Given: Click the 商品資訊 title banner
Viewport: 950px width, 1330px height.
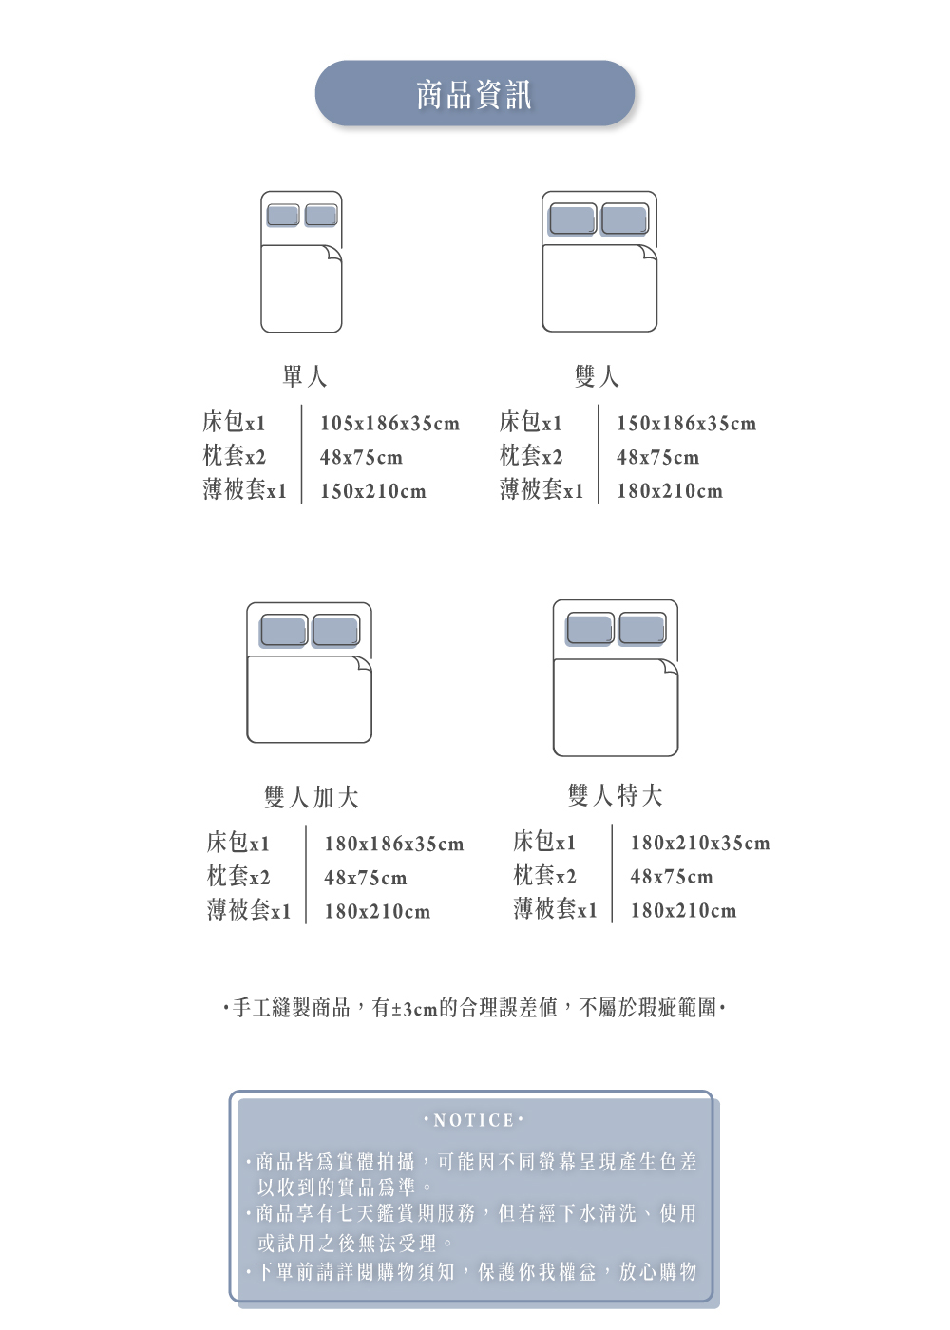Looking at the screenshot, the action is (x=474, y=94).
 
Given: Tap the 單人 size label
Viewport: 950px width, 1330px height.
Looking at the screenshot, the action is (x=304, y=377).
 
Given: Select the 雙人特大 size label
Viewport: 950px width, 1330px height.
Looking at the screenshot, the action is (x=615, y=796).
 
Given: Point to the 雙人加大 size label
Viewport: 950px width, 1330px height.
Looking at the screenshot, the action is (x=312, y=798).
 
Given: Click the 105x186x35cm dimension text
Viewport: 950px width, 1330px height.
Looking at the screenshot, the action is (x=389, y=424).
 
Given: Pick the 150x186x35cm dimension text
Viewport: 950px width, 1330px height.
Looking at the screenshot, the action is (x=686, y=424).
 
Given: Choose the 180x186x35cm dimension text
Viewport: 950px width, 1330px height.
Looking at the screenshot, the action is (x=393, y=845).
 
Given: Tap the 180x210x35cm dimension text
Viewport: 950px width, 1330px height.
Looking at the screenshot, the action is (x=699, y=844).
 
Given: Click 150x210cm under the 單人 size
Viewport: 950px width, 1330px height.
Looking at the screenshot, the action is (x=372, y=492).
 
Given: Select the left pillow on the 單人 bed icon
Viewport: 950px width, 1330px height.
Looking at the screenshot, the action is (x=283, y=215).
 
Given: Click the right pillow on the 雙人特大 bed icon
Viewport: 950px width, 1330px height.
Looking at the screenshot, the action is (x=642, y=629).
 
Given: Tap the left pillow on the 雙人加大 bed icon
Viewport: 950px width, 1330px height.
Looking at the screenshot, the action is (x=283, y=631).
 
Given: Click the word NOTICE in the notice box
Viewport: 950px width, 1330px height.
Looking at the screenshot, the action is (x=473, y=1121).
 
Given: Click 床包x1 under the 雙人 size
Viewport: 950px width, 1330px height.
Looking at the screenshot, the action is (x=530, y=422).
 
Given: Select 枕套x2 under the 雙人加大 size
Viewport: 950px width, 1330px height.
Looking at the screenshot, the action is (x=238, y=877).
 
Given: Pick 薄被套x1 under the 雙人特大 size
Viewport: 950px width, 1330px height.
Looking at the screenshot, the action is (x=555, y=910).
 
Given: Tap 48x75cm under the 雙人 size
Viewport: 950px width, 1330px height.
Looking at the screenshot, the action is (x=657, y=458).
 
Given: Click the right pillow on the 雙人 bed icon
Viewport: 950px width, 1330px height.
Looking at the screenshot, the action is (x=625, y=219).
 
